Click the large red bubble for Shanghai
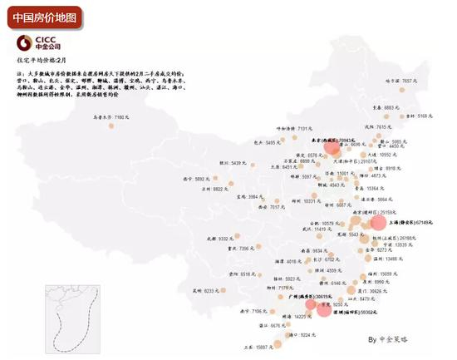pos(378,223)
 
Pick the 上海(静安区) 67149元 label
pos(411,223)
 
